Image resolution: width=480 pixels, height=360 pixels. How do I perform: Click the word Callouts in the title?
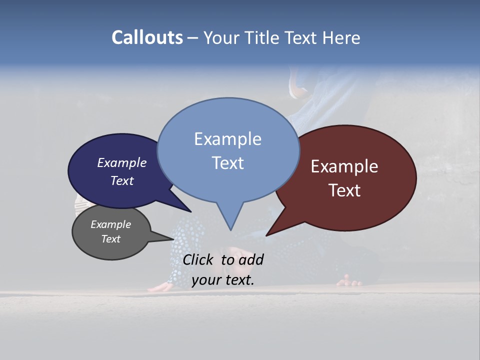point(147,37)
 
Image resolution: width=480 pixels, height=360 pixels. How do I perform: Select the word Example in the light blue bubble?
point(227,139)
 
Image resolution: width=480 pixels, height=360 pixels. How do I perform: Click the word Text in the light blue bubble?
point(227,163)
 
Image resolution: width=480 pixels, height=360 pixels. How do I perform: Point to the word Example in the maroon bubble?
point(344,166)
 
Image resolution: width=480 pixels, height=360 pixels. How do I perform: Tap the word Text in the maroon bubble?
point(344,190)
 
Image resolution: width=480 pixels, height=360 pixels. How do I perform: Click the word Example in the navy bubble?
point(122,162)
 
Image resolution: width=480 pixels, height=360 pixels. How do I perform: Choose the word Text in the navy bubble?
point(122,180)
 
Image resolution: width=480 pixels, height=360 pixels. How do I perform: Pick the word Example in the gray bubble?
point(111,224)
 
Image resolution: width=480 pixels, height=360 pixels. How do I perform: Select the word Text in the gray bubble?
point(111,239)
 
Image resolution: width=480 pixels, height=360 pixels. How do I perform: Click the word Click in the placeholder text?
point(199,259)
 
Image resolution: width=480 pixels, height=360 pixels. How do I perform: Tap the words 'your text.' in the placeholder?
point(223,280)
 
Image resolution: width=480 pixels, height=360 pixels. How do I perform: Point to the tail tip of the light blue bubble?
point(230,229)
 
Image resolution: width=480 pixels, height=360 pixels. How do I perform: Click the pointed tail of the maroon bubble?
point(267,234)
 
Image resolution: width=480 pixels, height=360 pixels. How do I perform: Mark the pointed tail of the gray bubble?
point(171,239)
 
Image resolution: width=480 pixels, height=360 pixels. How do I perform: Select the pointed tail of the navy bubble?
point(189,210)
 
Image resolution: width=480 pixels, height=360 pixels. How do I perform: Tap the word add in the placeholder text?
point(250,259)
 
